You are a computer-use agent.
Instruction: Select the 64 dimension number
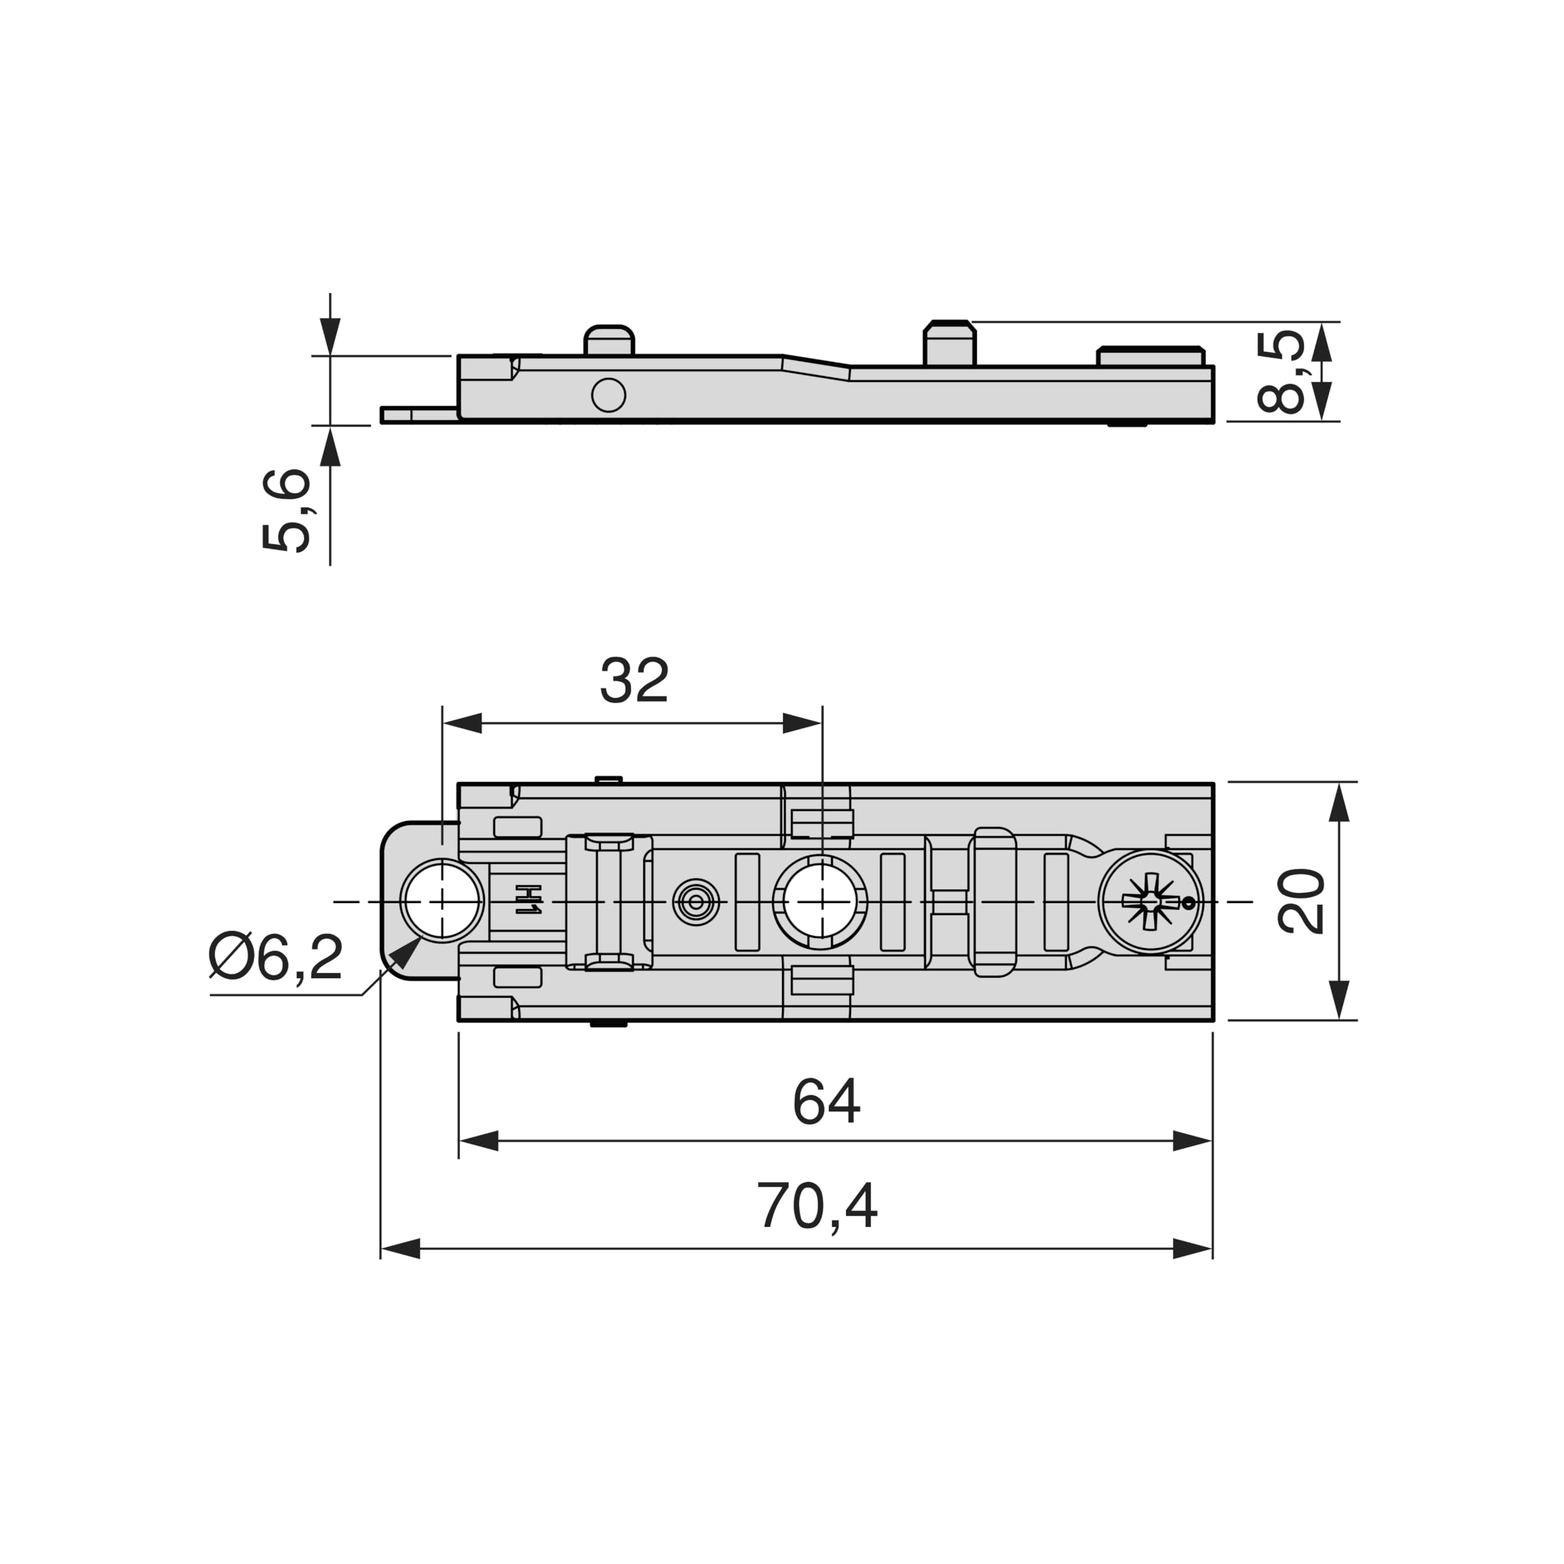coord(827,1102)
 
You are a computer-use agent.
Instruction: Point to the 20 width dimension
coord(1301,901)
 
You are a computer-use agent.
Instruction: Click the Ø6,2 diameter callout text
coord(276,957)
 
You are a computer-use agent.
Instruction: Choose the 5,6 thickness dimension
coord(287,511)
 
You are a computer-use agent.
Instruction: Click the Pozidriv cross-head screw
coord(1150,901)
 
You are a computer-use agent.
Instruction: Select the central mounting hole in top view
coord(822,901)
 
